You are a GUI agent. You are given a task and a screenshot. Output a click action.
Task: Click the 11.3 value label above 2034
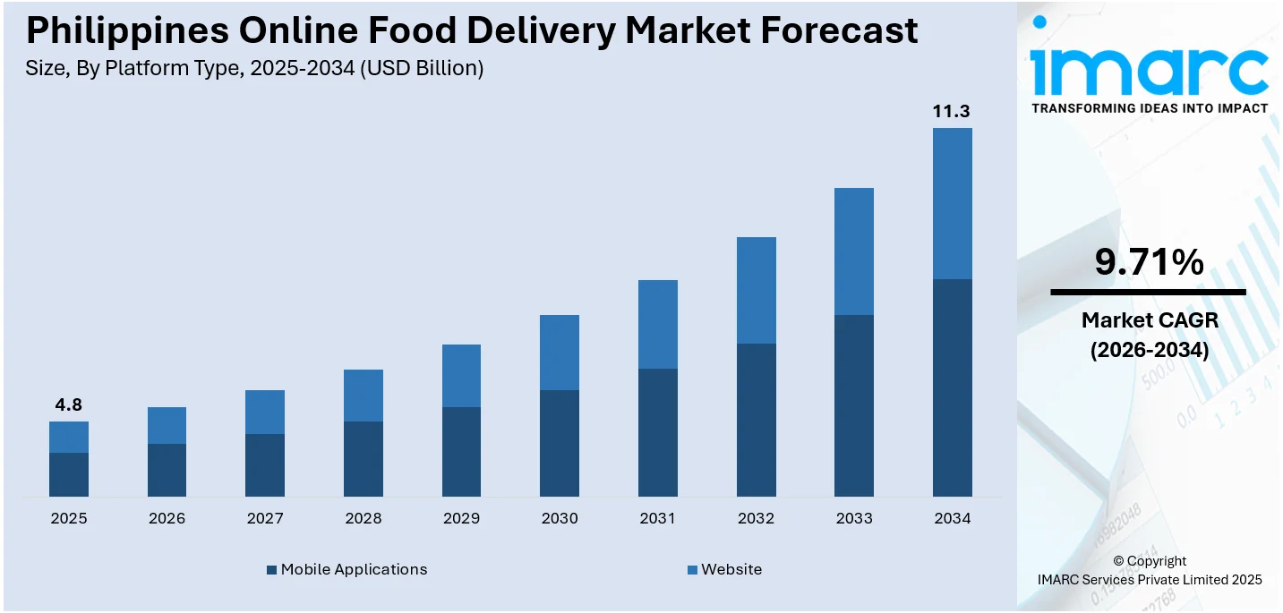point(952,112)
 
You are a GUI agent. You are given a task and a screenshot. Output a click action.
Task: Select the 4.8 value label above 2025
point(68,405)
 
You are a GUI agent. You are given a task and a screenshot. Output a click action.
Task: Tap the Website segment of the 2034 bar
point(952,203)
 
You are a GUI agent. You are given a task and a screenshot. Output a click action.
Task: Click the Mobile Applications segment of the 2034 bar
point(952,387)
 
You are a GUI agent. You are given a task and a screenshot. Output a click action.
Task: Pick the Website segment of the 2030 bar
point(560,353)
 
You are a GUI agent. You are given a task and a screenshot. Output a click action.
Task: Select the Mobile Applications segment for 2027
point(265,464)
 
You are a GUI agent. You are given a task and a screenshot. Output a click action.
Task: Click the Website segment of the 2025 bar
point(69,437)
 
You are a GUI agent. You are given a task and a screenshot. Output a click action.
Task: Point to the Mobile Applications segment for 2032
point(756,420)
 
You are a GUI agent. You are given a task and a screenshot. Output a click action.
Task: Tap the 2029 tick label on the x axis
point(461,518)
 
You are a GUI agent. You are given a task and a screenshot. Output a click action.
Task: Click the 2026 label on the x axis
point(167,518)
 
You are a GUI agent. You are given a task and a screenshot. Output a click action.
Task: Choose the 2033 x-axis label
point(854,518)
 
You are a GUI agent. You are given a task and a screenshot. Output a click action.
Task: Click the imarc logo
point(1149,63)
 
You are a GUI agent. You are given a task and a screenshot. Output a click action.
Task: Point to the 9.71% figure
point(1149,262)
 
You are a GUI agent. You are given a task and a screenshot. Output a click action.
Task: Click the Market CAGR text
point(1149,319)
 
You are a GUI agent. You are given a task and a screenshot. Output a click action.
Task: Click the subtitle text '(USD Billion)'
point(423,68)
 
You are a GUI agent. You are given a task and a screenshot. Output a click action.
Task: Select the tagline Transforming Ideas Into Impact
point(1150,108)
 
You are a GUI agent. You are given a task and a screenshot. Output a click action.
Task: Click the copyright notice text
point(1149,570)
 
